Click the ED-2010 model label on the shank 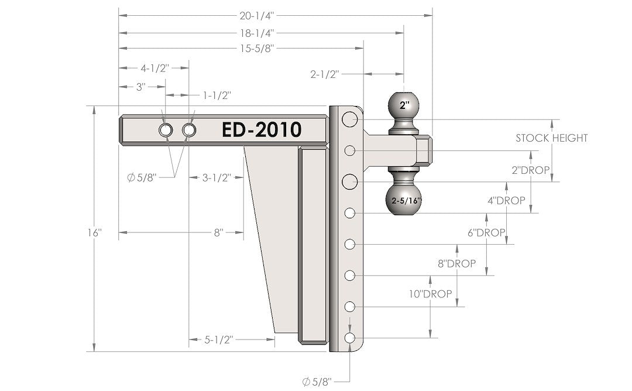(x=261, y=129)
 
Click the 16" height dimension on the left (x=94, y=232)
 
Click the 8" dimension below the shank (x=218, y=232)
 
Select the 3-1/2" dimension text (x=215, y=177)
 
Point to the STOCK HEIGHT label (x=551, y=138)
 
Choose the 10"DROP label (x=430, y=294)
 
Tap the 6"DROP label (x=486, y=232)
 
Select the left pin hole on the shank (x=165, y=130)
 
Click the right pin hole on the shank (x=188, y=130)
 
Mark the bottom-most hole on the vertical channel (x=350, y=338)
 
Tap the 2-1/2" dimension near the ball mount (x=325, y=74)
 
